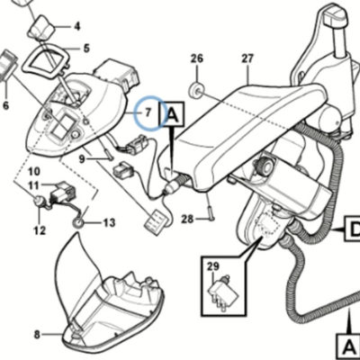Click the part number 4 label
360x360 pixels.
pos(77,27)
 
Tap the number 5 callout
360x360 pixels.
pos(86,48)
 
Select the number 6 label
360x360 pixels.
pos(6,105)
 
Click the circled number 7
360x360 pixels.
pos(148,113)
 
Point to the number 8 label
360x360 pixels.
pos(37,335)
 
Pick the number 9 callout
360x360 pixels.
pos(82,159)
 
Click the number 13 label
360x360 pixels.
pos(109,223)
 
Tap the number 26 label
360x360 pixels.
pos(197,58)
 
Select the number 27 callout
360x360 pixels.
pos(247,58)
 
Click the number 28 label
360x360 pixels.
pos(187,220)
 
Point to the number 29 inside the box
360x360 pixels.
pos(212,266)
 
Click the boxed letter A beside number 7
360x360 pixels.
pos(172,114)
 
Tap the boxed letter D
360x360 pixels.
pos(353,229)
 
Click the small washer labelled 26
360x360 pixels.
pos(197,90)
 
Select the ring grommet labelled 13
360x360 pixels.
pos(78,222)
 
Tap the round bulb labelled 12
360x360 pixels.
pos(39,201)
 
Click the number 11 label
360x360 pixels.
pos(33,185)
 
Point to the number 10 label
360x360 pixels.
pos(34,172)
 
